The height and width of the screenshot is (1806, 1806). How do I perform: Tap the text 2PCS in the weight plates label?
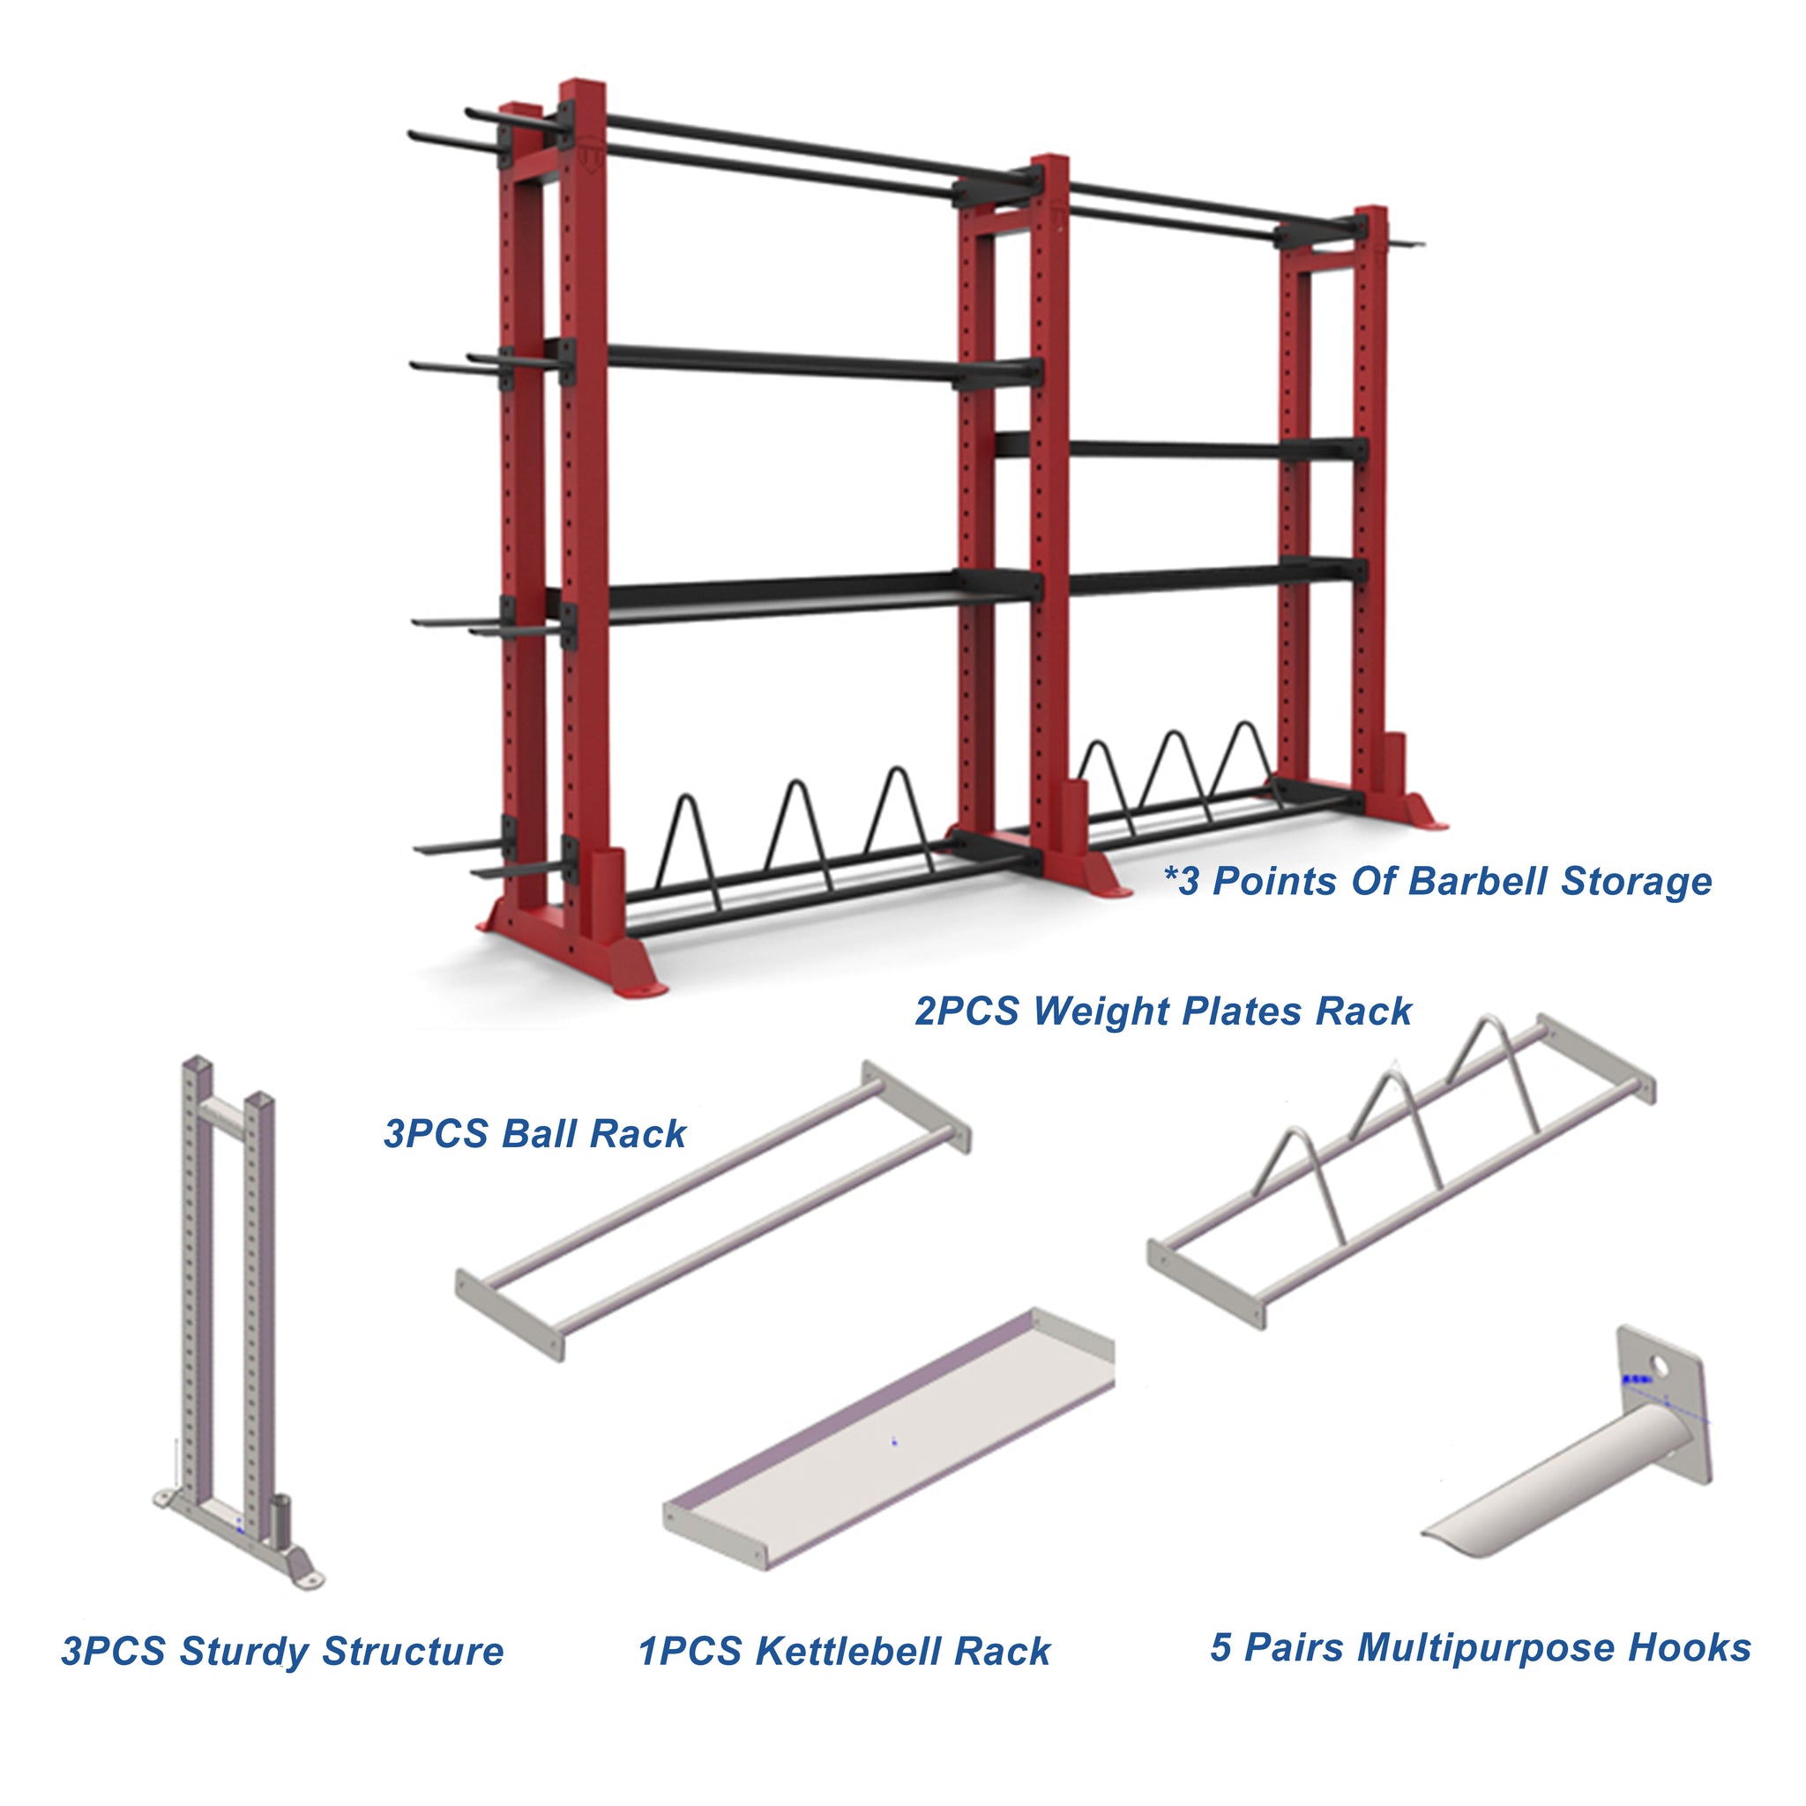966,1011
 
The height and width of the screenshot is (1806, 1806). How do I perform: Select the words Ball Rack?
593,1134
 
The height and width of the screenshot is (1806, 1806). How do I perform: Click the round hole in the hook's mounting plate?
1659,1368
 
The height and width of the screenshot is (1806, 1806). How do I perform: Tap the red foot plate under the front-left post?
572,963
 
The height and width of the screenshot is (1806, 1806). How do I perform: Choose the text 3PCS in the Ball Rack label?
436,1134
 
